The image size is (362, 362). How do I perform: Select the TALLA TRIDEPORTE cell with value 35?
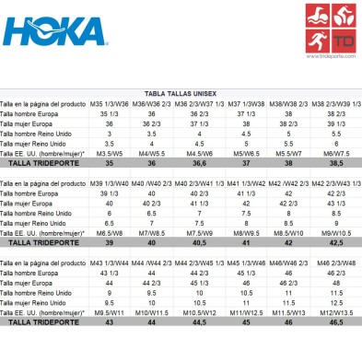134,161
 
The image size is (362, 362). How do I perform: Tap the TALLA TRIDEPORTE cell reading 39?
134,243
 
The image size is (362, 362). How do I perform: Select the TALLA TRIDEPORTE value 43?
134,323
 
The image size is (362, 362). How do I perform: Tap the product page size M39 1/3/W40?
134,184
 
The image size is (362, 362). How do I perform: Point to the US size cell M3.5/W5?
134,151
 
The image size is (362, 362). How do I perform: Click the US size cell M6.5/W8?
134,233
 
